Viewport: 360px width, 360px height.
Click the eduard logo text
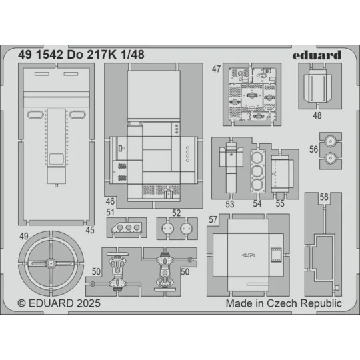pos(317,55)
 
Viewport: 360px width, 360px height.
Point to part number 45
pos(89,231)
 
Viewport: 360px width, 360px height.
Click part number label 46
pos(111,201)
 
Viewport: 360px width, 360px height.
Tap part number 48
pos(317,115)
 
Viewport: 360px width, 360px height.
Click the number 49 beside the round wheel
pos(24,237)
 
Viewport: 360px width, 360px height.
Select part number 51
pos(111,213)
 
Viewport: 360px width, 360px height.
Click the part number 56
pos(313,150)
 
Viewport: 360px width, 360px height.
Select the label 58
pos(323,197)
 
